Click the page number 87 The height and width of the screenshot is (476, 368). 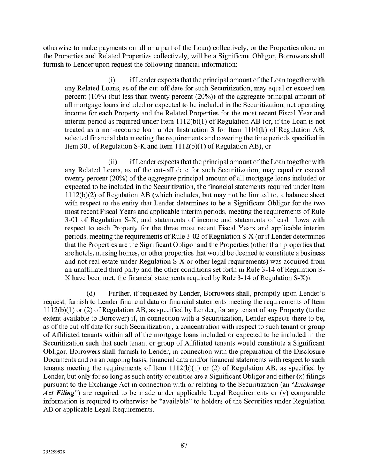[184, 445]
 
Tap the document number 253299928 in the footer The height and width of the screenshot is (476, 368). [54, 453]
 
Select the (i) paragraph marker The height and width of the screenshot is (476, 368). [112, 80]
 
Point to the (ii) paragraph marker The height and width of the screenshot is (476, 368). [112, 162]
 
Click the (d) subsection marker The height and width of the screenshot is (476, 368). [90, 294]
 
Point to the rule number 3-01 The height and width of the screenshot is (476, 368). [72, 220]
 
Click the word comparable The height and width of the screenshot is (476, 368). [307, 393]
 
